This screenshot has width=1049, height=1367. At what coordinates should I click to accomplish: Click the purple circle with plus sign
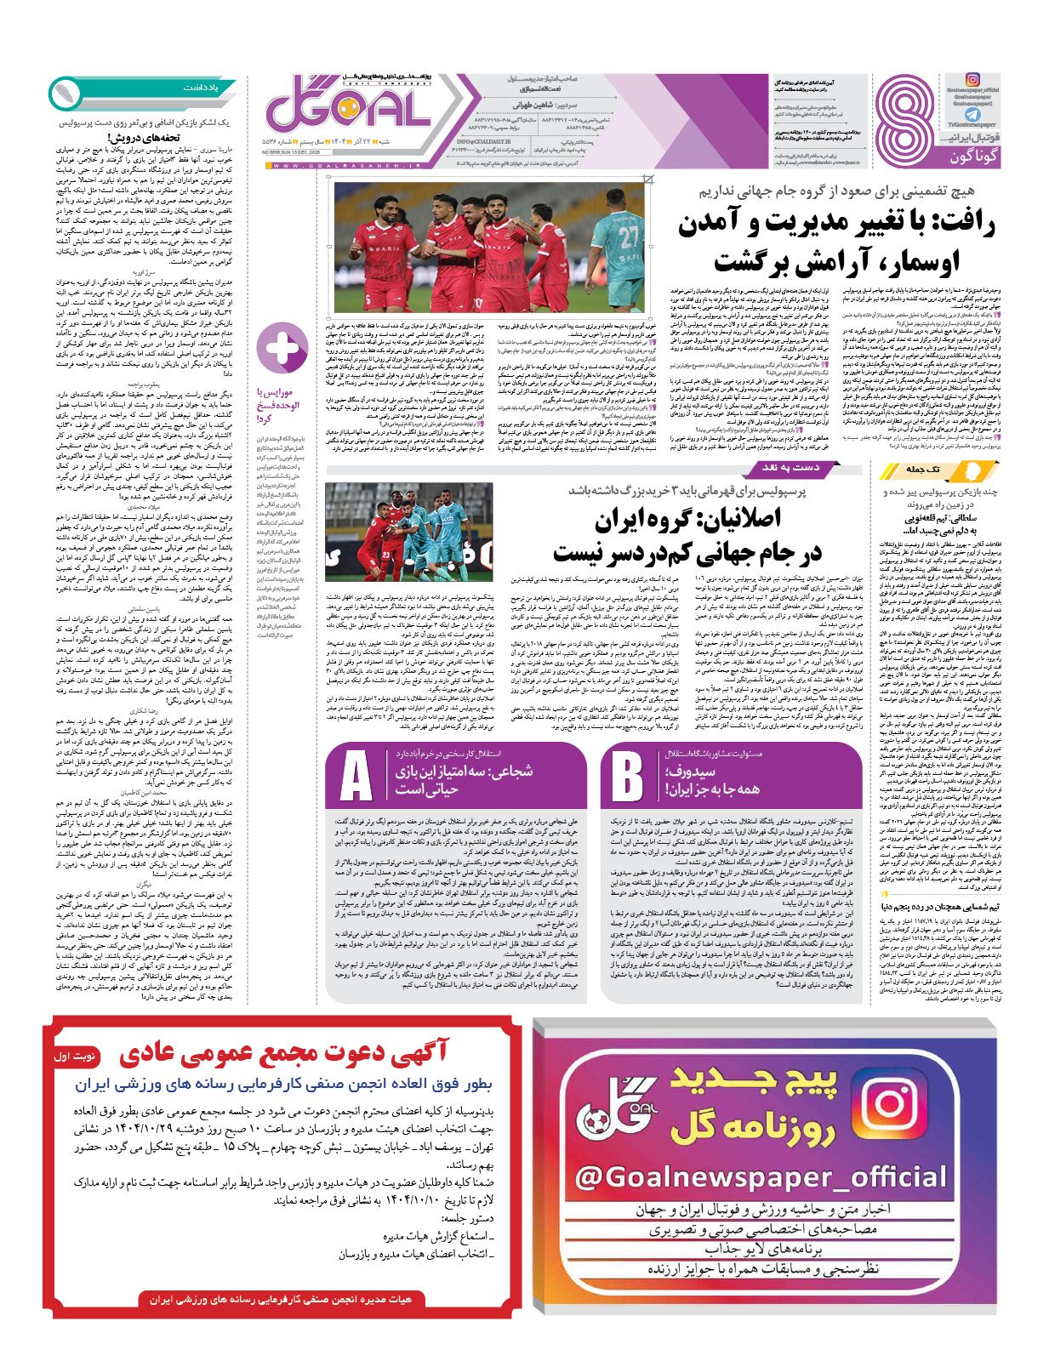point(282,349)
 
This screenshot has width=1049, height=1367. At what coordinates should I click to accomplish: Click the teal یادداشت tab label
point(200,88)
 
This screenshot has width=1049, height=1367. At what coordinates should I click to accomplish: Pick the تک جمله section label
point(923,470)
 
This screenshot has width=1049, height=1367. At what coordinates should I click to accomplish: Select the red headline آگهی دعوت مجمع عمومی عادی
point(283,1054)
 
